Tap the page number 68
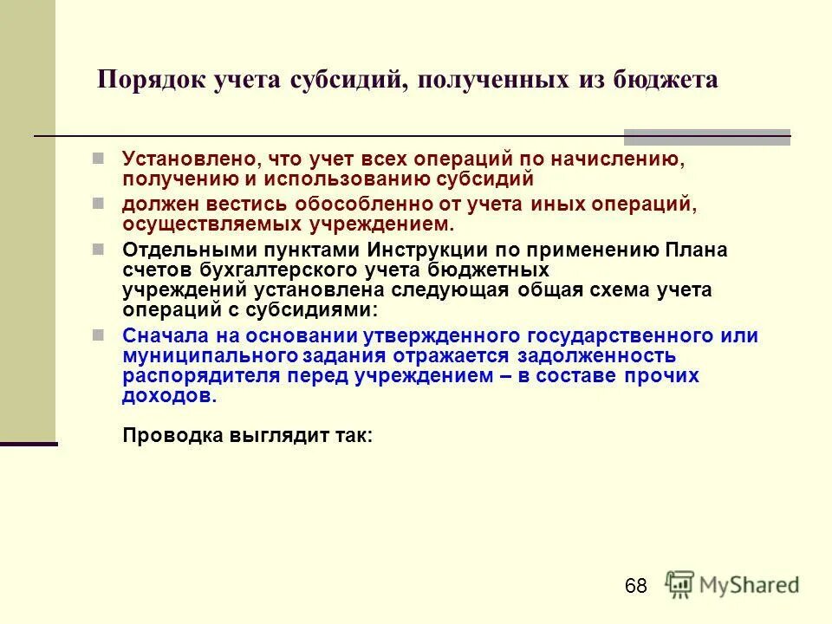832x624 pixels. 635,587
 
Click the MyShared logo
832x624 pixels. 733,584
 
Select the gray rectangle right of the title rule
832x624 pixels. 707,136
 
